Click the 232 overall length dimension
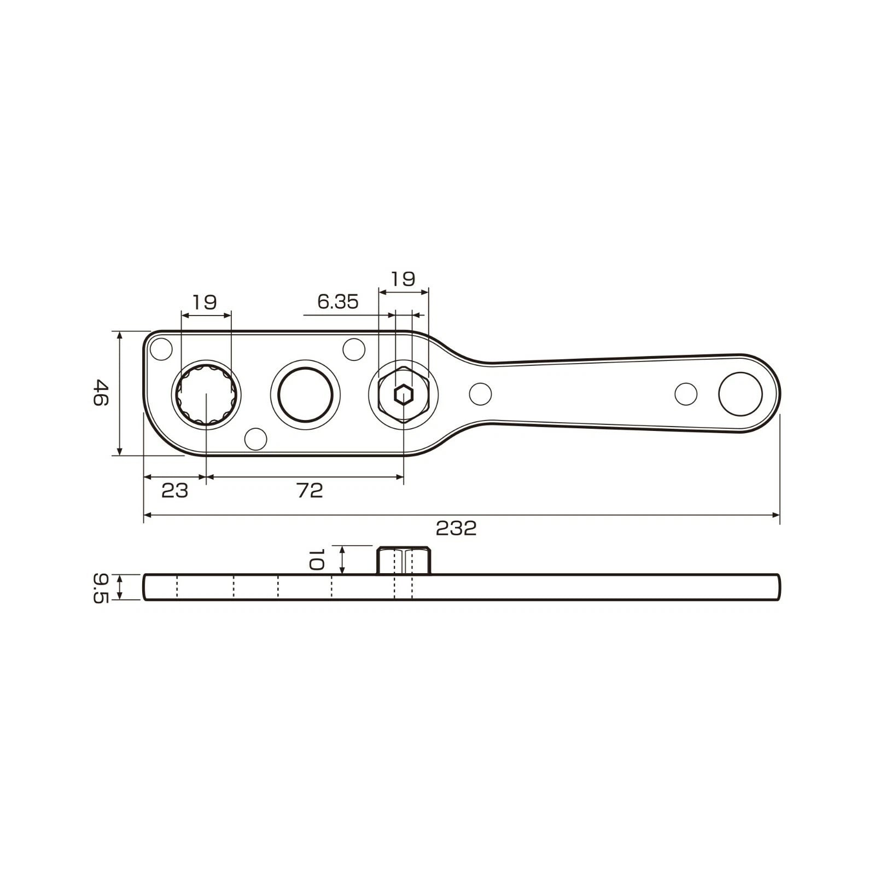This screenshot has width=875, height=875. click(x=456, y=528)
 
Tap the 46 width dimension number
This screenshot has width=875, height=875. click(x=101, y=393)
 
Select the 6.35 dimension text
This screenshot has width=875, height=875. click(x=338, y=302)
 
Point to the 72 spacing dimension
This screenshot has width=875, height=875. click(x=310, y=491)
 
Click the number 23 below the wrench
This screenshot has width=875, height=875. click(x=175, y=491)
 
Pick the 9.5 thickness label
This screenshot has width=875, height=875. click(x=101, y=587)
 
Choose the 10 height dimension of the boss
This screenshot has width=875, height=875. click(x=316, y=560)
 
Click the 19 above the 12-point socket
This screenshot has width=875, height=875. click(x=205, y=302)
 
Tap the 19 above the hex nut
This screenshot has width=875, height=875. click(x=403, y=279)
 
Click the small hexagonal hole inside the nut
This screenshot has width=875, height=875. click(x=404, y=394)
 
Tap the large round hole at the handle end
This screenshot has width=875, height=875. click(x=740, y=394)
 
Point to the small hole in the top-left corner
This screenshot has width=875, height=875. click(x=161, y=349)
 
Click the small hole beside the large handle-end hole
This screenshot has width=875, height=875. click(x=686, y=394)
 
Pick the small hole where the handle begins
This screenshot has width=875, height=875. click(x=480, y=394)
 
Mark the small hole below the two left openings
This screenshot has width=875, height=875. click(x=256, y=439)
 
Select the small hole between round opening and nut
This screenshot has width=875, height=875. click(x=354, y=349)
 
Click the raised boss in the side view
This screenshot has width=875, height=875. click(x=404, y=561)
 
